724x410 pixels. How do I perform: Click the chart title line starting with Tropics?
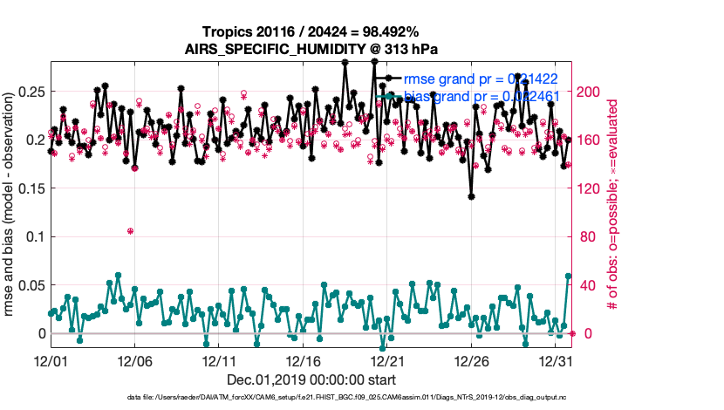pyautogui.click(x=311, y=31)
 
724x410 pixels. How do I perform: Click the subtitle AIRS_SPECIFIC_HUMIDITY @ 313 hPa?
pyautogui.click(x=311, y=50)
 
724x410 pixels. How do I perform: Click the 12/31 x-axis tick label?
pyautogui.click(x=556, y=360)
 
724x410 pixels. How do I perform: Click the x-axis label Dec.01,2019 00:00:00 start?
pyautogui.click(x=311, y=379)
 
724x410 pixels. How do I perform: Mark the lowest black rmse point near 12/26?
pyautogui.click(x=471, y=196)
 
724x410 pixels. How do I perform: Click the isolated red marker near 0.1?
pyautogui.click(x=130, y=231)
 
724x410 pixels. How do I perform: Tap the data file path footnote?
pyautogui.click(x=311, y=398)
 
